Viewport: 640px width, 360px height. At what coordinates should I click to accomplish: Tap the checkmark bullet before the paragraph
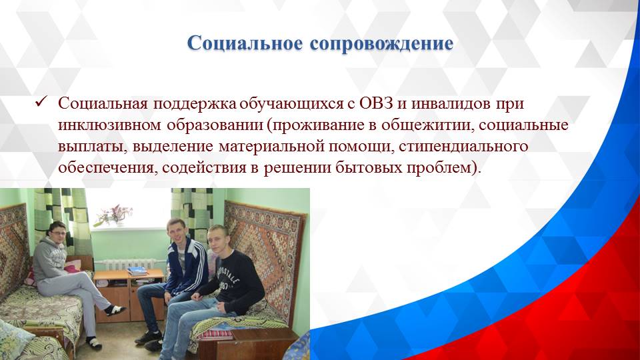(39, 104)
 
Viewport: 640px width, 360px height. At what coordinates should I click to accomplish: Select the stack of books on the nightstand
(137, 271)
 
